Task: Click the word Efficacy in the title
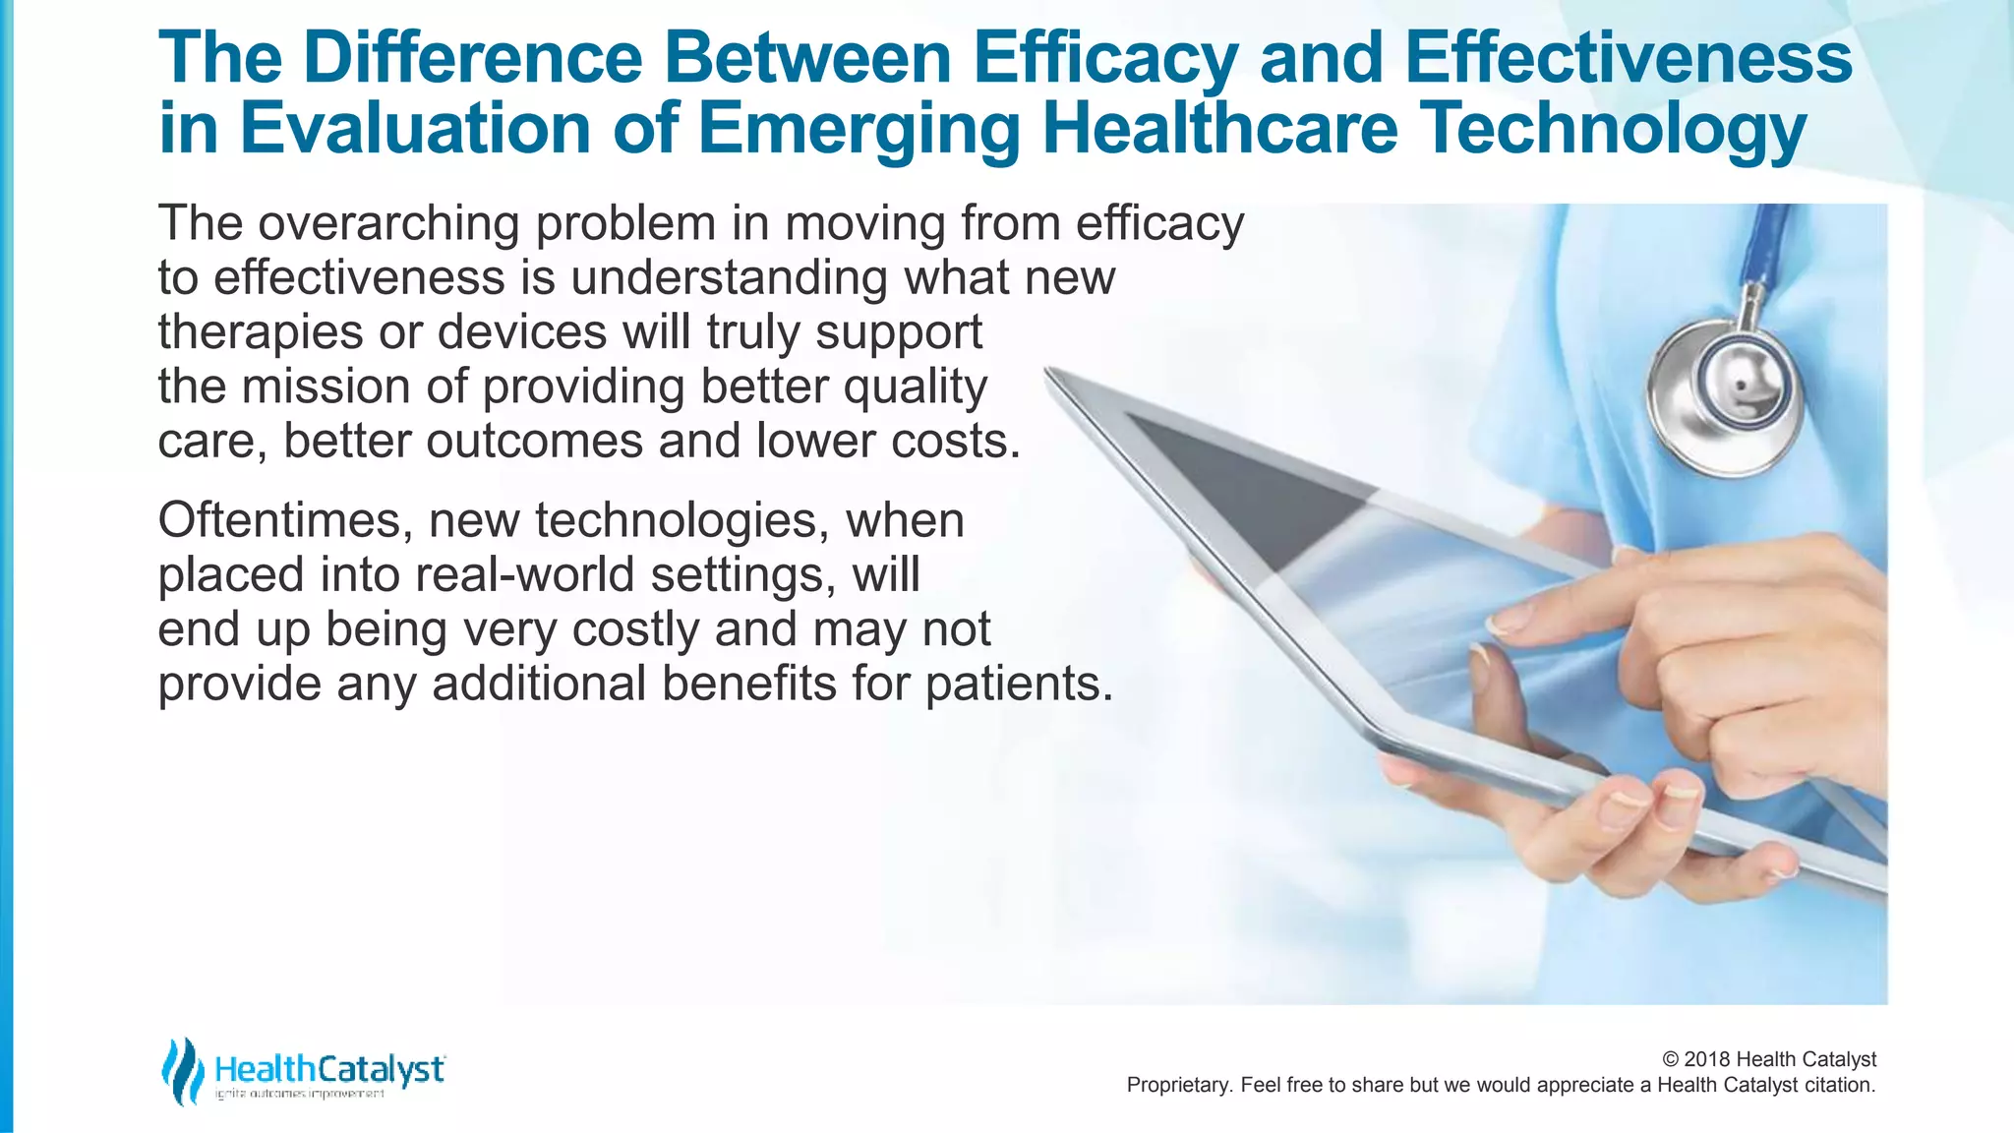(1104, 59)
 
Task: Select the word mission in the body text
(326, 387)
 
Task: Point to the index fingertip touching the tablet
(1505, 622)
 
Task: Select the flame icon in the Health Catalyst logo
(182, 1071)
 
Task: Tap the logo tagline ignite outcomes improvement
(300, 1095)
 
